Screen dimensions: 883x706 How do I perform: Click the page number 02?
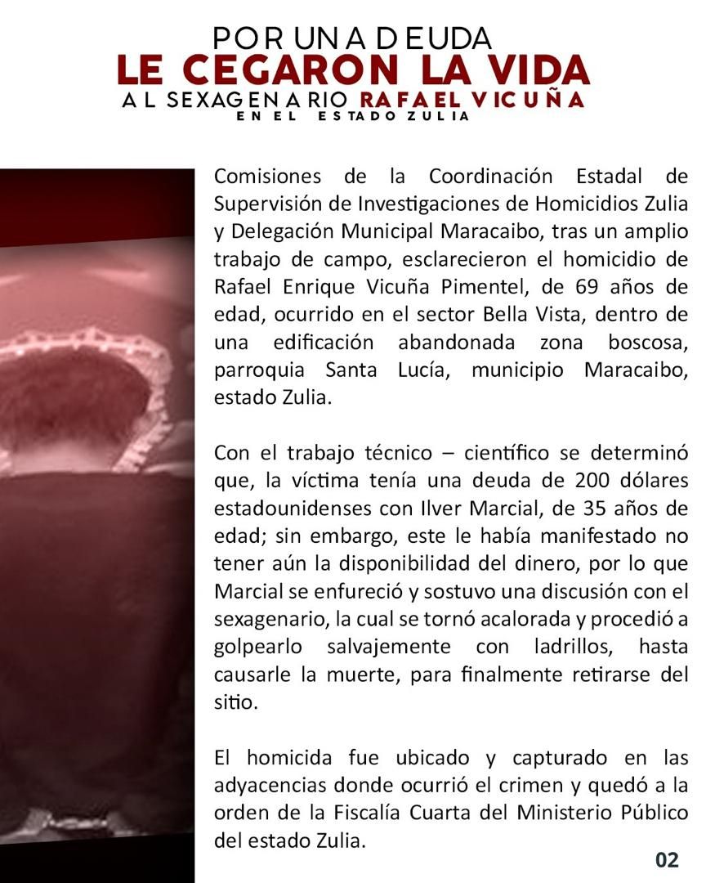tap(667, 859)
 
